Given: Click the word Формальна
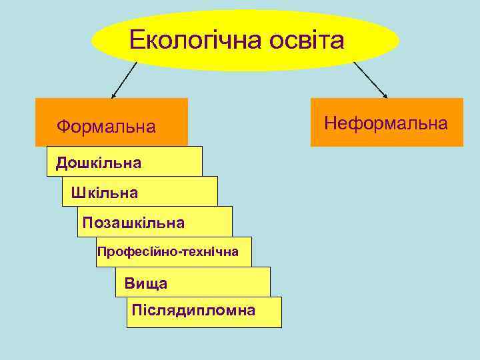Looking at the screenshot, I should tap(106, 126).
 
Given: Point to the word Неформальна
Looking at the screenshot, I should tap(386, 123).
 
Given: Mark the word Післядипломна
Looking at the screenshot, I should tap(193, 310).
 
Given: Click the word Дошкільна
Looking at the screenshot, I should tap(99, 163).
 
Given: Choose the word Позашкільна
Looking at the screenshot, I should tap(133, 222).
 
